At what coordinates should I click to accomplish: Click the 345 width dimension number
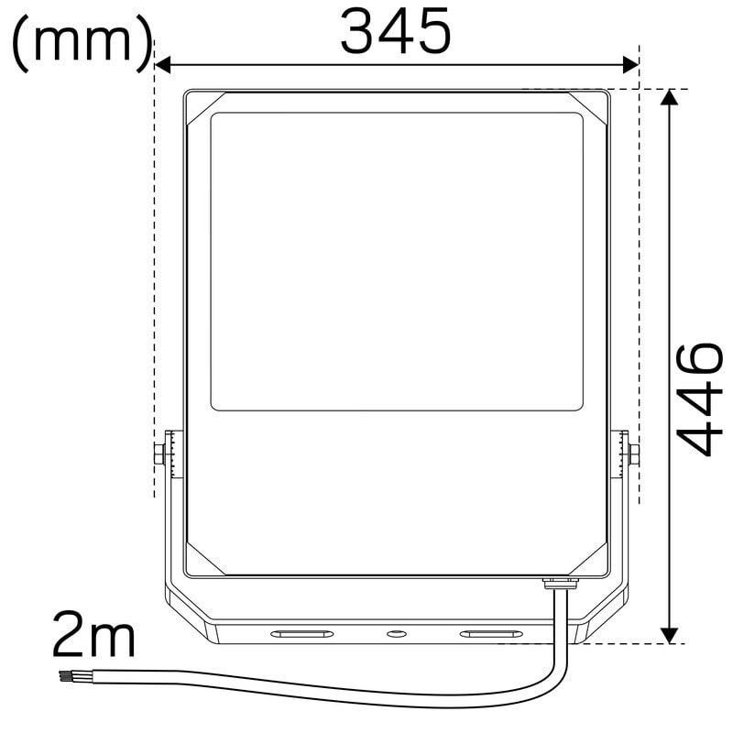(x=396, y=32)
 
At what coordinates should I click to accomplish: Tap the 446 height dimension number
(x=700, y=399)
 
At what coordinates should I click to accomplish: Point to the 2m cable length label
(x=93, y=634)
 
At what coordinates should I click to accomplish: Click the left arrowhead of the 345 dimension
(x=162, y=65)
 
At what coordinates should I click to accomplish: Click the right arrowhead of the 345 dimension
(x=631, y=65)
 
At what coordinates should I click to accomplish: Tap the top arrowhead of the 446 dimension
(x=670, y=97)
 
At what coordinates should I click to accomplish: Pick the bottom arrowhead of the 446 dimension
(x=670, y=635)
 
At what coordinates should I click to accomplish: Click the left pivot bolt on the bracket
(x=159, y=454)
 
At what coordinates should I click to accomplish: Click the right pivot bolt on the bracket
(x=634, y=454)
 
